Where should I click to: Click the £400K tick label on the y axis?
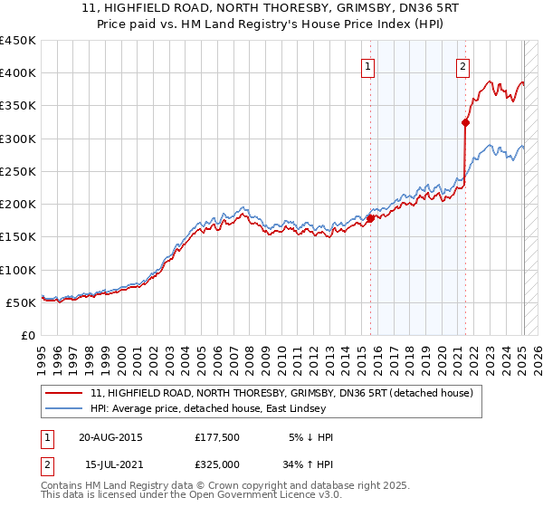tap(17, 72)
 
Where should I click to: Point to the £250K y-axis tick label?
tap(17, 171)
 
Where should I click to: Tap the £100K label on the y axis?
tap(17, 270)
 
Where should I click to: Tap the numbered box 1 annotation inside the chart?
tap(369, 64)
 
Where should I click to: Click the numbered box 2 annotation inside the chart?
tap(462, 64)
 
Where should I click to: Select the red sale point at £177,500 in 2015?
tap(370, 218)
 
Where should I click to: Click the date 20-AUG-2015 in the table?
tap(110, 436)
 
